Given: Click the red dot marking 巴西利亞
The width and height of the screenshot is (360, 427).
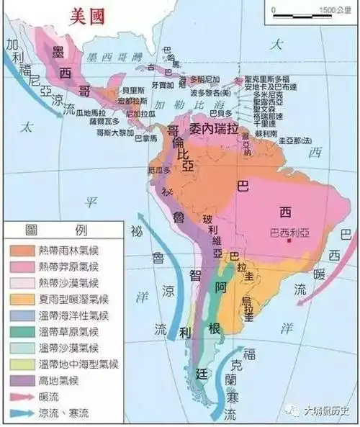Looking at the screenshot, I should pos(287,242).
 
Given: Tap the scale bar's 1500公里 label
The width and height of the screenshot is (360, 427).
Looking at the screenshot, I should pos(333,10).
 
